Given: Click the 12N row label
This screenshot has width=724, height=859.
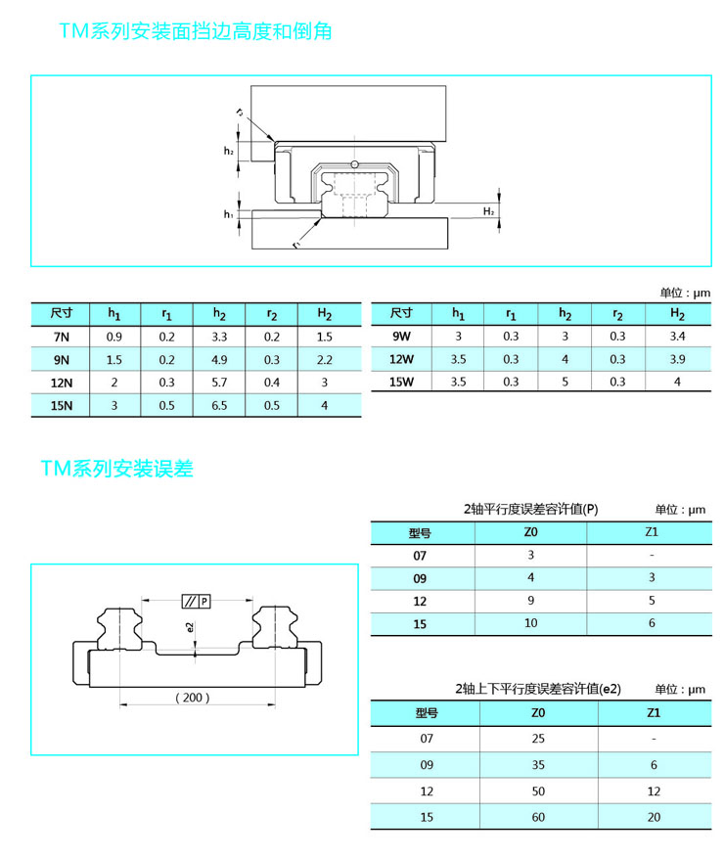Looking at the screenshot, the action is pos(62,383).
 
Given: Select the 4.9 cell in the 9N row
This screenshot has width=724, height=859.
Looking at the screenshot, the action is pos(219,360).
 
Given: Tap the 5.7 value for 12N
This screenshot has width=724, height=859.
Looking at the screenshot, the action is pos(219,383).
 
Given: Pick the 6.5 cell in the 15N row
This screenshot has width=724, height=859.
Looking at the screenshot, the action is pos(219,405).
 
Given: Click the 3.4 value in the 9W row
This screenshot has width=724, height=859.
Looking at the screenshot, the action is pos(677,336).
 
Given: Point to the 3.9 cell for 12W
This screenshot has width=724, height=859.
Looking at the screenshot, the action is pos(677,359).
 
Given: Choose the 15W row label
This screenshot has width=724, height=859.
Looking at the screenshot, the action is pos(401,382).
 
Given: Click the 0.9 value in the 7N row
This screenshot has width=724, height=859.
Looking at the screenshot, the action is pos(113,337).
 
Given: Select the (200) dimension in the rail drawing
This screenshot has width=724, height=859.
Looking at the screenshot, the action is pos(192,698).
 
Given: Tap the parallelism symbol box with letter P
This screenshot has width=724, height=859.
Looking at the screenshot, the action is pos(196,601).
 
